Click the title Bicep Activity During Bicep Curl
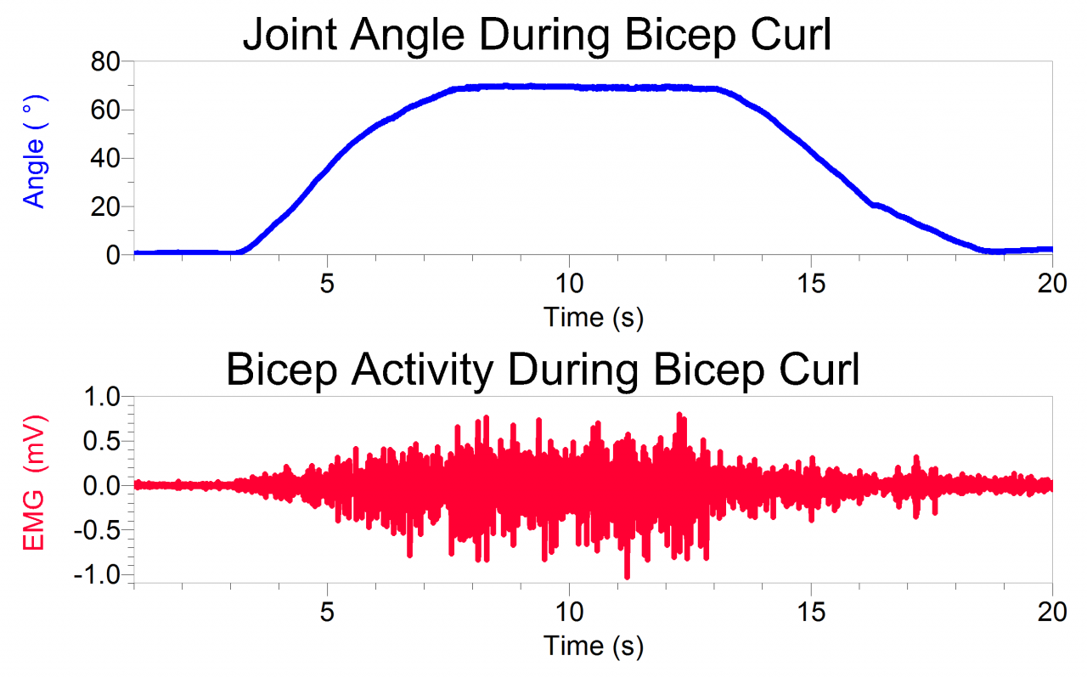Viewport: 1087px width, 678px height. pyautogui.click(x=543, y=370)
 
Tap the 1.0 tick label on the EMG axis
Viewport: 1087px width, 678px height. pyautogui.click(x=101, y=397)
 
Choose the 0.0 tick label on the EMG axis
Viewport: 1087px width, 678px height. pyautogui.click(x=101, y=486)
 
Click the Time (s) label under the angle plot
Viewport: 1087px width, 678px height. pyautogui.click(x=593, y=317)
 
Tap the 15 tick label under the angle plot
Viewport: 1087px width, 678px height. pyautogui.click(x=811, y=284)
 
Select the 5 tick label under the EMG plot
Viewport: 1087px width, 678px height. pyautogui.click(x=328, y=613)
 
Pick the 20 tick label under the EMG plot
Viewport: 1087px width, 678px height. pyautogui.click(x=1051, y=613)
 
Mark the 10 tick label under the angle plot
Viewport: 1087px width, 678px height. pyautogui.click(x=569, y=284)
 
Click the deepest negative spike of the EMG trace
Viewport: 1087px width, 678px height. pyautogui.click(x=627, y=577)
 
